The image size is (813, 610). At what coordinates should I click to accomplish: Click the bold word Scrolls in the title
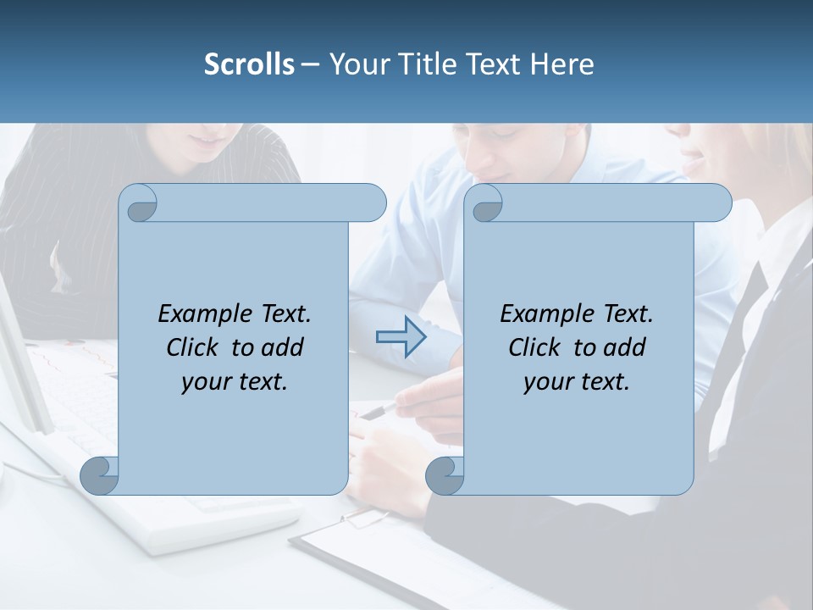pos(249,64)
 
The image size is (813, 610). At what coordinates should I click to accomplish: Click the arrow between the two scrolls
pos(401,337)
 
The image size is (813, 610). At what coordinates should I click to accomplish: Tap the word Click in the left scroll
pos(196,347)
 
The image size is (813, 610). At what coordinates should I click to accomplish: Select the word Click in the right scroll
pos(538,347)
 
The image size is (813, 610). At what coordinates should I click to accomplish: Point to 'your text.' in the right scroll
pos(577,382)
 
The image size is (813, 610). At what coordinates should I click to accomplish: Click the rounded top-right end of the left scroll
pos(373,202)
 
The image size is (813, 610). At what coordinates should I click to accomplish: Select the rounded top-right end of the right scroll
pos(718,202)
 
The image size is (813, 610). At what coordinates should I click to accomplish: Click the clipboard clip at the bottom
pos(364,518)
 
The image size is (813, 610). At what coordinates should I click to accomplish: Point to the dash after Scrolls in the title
pos(310,64)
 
